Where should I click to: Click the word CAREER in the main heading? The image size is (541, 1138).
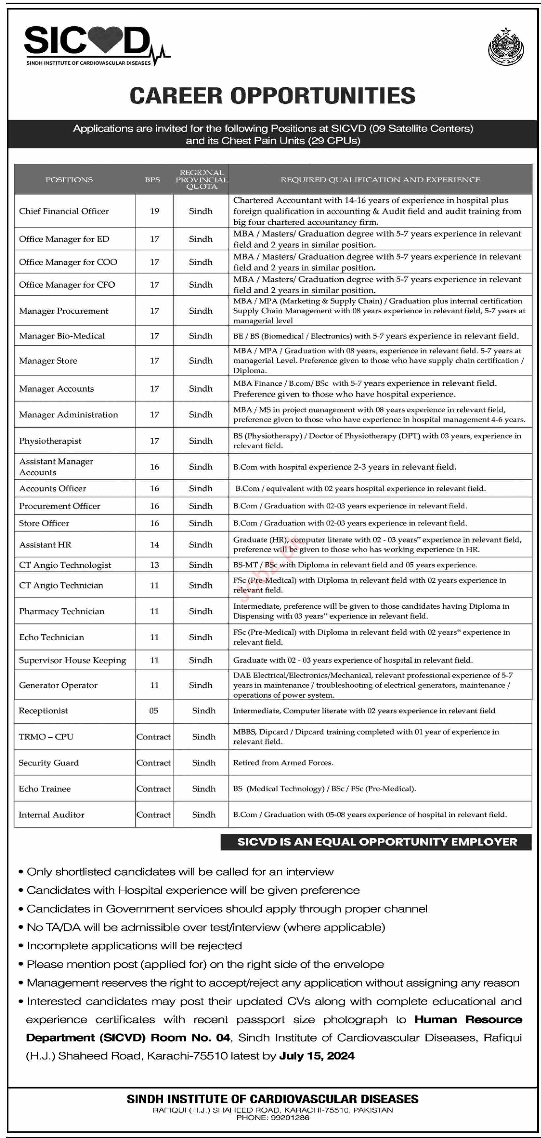[176, 96]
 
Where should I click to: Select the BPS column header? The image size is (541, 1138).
[153, 180]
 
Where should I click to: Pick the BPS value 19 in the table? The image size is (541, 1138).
[154, 211]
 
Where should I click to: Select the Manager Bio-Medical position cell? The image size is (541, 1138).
[62, 336]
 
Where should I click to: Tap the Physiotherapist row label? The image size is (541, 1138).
[50, 441]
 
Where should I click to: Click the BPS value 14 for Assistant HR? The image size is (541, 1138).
[154, 545]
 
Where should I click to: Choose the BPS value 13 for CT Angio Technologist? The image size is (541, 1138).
[154, 565]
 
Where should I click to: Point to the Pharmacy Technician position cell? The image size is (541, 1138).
[62, 611]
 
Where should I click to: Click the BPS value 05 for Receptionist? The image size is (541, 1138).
[154, 711]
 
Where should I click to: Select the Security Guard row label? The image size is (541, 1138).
[49, 763]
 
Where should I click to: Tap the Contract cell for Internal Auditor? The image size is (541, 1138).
[154, 815]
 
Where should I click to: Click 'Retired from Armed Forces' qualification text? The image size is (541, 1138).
[283, 763]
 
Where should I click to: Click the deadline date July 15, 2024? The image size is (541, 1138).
[317, 1056]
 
